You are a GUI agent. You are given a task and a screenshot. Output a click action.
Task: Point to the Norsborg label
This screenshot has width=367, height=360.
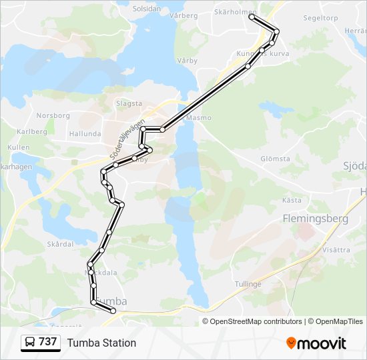click(53, 115)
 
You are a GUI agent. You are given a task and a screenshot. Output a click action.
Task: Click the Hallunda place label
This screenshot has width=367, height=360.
click(85, 133)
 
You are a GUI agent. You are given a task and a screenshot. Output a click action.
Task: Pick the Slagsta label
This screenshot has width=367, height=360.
click(129, 103)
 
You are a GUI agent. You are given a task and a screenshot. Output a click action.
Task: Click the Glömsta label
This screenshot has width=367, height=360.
click(276, 159)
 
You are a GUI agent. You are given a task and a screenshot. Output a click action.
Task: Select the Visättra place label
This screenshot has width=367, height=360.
click(336, 250)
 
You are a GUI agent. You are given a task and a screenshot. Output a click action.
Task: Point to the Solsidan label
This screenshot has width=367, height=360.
click(147, 9)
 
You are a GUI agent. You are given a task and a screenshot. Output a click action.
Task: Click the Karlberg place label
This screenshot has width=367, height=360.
click(32, 131)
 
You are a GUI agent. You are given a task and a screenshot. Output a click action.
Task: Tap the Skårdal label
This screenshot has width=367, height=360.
click(60, 244)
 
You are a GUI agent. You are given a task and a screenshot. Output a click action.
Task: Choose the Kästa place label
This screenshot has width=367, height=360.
click(292, 199)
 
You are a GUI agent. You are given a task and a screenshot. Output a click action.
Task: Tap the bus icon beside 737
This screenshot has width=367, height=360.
click(30, 343)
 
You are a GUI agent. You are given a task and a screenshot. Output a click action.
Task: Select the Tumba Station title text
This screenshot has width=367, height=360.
click(101, 343)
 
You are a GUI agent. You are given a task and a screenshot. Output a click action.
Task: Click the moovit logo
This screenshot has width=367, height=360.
click(316, 343)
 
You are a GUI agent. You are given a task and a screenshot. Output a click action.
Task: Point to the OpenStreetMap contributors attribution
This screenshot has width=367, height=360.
click(256, 321)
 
